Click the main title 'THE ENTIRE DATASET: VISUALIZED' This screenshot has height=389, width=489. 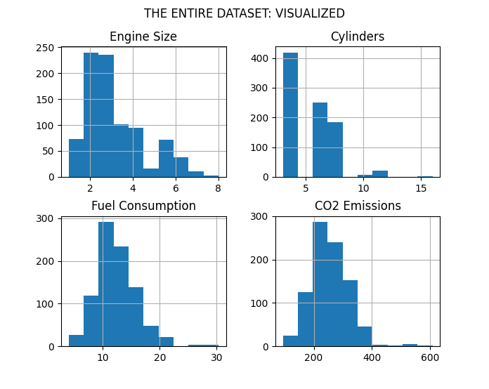click(244, 13)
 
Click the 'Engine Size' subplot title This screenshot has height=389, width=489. click(143, 37)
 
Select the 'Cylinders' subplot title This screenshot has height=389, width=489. click(358, 37)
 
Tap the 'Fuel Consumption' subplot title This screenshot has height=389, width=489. click(143, 206)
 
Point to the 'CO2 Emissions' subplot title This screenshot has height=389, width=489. click(358, 206)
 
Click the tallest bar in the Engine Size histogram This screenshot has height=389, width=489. click(91, 115)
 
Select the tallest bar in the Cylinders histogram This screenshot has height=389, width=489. click(290, 115)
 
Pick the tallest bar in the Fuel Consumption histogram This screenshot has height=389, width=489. click(106, 284)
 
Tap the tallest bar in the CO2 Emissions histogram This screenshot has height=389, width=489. click(320, 284)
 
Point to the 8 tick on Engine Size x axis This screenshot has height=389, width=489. click(218, 189)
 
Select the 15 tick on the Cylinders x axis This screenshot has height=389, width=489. click(421, 189)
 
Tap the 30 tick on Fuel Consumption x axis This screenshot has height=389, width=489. click(216, 358)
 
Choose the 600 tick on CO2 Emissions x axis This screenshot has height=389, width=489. click(430, 358)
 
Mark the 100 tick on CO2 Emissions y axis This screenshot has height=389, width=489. click(261, 303)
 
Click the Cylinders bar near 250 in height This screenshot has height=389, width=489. click(320, 140)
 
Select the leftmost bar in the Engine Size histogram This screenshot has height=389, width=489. click(76, 158)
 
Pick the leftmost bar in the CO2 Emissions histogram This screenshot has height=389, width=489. click(290, 341)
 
